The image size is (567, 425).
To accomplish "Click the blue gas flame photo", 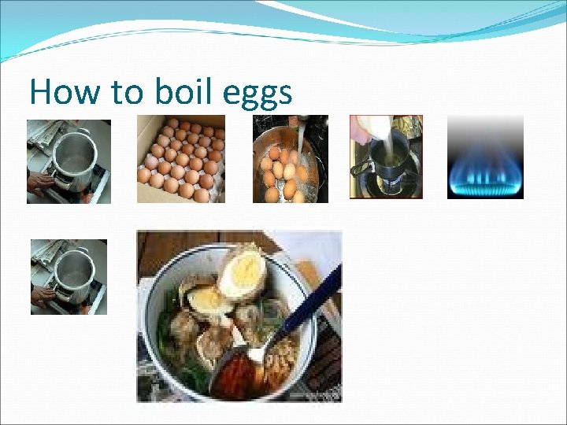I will coord(485,157).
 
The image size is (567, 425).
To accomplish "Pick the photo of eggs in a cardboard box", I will coord(181,158).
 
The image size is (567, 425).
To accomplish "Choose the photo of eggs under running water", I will coord(290,158).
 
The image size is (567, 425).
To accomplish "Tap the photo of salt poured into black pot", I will coord(386,157).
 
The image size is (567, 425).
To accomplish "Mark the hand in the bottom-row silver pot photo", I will coord(42,294).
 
